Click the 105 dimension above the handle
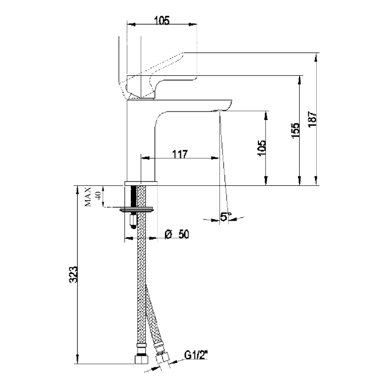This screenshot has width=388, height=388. [x=162, y=20]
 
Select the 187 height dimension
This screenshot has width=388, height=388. [x=312, y=119]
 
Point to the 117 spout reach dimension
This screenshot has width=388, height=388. [x=180, y=154]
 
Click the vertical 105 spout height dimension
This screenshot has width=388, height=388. [x=262, y=148]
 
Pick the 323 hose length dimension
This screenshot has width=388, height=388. [x=73, y=275]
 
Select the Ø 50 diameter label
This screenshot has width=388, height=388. [x=177, y=234]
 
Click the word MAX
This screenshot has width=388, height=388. [x=88, y=197]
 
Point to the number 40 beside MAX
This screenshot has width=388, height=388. [x=98, y=196]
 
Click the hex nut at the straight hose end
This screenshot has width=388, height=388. [x=141, y=360]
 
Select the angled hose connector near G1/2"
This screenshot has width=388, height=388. [x=162, y=362]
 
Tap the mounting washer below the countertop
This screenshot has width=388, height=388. [x=137, y=210]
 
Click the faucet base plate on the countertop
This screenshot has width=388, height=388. [x=141, y=184]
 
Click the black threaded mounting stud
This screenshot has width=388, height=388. [x=134, y=197]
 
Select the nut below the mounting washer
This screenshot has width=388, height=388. [x=133, y=220]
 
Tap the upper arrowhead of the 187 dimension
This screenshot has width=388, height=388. [x=316, y=57]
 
